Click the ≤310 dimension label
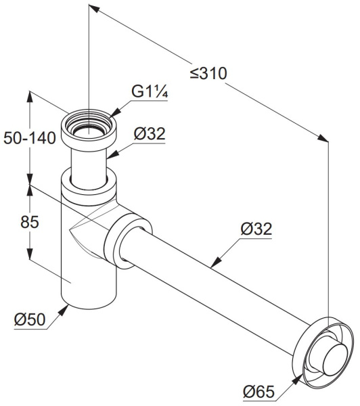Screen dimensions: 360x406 (x=208, y=74)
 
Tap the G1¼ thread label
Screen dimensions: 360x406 (x=150, y=91)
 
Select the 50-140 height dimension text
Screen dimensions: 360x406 (x=30, y=138)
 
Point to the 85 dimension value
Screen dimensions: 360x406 (x=30, y=222)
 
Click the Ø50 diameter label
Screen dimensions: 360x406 (x=30, y=319)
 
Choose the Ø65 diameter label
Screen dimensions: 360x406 (x=258, y=392)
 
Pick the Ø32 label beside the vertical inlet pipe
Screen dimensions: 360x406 (x=150, y=134)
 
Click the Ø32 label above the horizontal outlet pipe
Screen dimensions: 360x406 (x=256, y=229)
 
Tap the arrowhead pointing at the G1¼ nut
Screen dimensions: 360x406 (x=116, y=113)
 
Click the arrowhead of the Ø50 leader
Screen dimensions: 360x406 (x=64, y=310)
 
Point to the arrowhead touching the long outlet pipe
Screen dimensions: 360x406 (x=216, y=263)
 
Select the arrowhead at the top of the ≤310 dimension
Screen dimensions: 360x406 (x=94, y=7)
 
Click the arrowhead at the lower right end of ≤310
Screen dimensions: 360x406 (x=323, y=138)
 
